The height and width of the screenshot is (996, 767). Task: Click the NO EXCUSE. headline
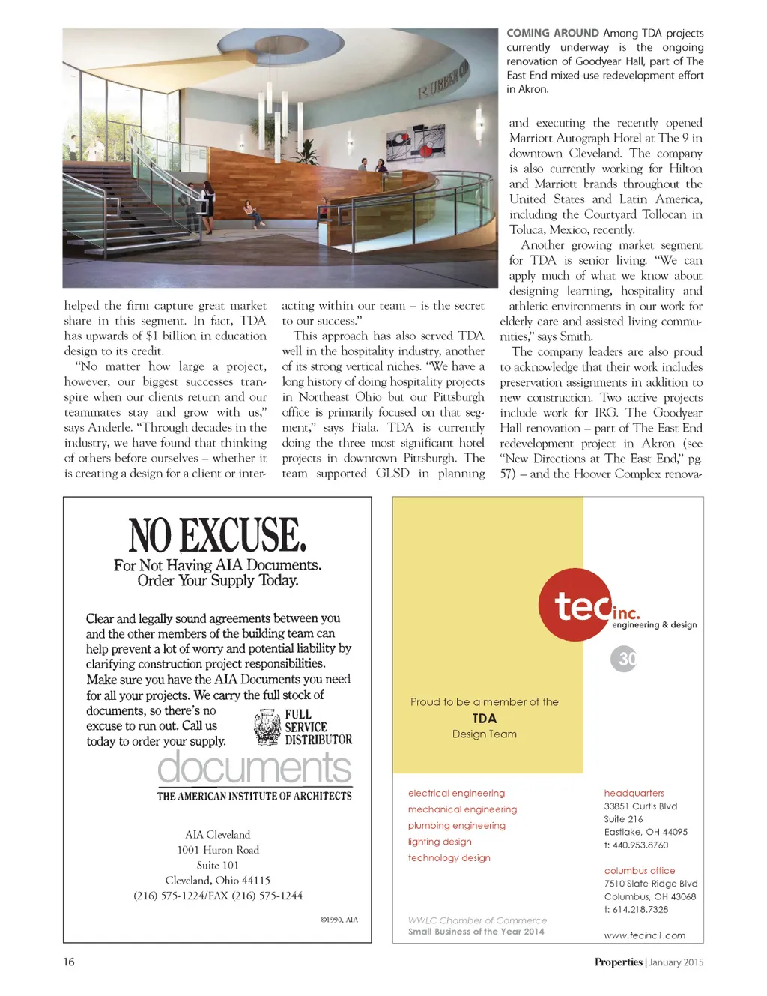tap(217, 535)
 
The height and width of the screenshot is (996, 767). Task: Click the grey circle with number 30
tap(624, 659)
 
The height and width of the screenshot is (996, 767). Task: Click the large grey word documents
tap(254, 767)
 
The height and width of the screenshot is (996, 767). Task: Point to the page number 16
tap(69, 962)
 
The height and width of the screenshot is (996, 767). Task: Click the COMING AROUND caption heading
tap(553, 33)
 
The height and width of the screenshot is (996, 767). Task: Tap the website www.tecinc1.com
tap(644, 935)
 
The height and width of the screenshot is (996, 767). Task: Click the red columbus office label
tap(640, 871)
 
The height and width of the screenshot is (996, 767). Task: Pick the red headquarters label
tap(634, 793)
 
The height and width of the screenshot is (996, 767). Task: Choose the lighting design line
tap(440, 842)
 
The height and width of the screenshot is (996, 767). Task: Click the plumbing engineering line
tap(456, 825)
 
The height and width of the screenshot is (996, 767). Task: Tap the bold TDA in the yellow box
tap(485, 718)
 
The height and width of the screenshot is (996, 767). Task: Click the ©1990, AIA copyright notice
tap(339, 920)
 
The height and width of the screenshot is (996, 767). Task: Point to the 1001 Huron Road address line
tap(218, 850)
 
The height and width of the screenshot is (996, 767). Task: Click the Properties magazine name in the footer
tap(618, 962)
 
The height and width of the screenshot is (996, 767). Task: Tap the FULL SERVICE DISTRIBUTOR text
tap(318, 727)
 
